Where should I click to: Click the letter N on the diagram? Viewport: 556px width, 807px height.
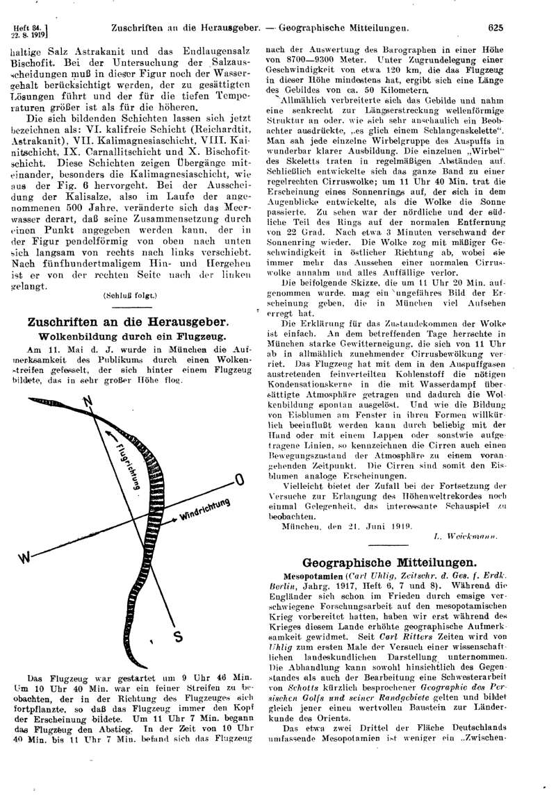(x=88, y=402)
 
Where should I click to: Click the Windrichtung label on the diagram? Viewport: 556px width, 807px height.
(x=203, y=511)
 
